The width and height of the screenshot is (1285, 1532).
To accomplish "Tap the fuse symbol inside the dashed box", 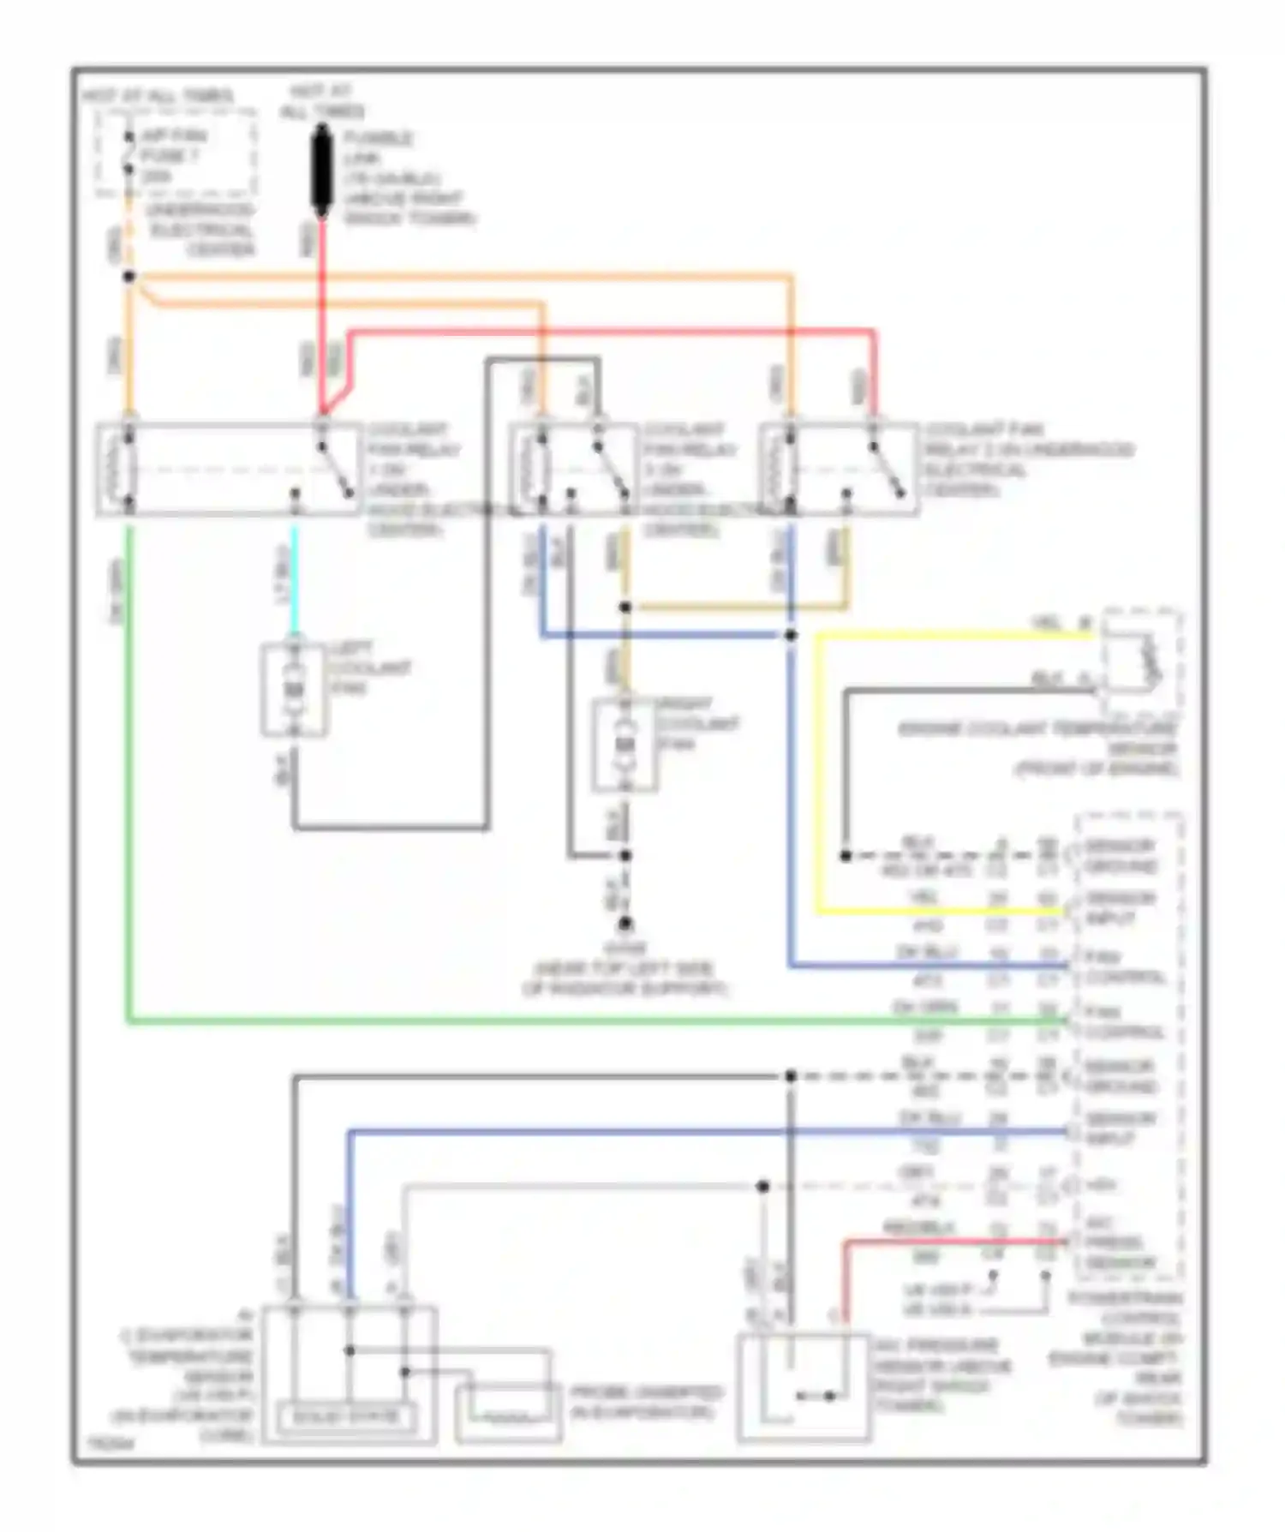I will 128,153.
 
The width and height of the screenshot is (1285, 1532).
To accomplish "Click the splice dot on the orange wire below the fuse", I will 129,276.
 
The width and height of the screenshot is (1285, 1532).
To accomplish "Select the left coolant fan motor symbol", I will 294,690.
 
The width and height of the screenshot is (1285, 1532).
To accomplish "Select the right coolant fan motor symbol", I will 625,745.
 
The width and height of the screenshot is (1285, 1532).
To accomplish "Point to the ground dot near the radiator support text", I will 625,923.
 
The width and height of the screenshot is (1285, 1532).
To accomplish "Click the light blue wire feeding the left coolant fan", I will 294,583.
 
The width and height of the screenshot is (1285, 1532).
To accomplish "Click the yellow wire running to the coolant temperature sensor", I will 942,636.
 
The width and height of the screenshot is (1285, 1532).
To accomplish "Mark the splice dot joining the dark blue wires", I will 790,635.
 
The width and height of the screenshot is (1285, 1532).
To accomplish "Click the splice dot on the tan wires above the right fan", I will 625,607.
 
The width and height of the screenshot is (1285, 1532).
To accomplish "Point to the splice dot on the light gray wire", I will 762,1186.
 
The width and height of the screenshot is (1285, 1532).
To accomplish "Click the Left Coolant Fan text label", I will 368,668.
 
